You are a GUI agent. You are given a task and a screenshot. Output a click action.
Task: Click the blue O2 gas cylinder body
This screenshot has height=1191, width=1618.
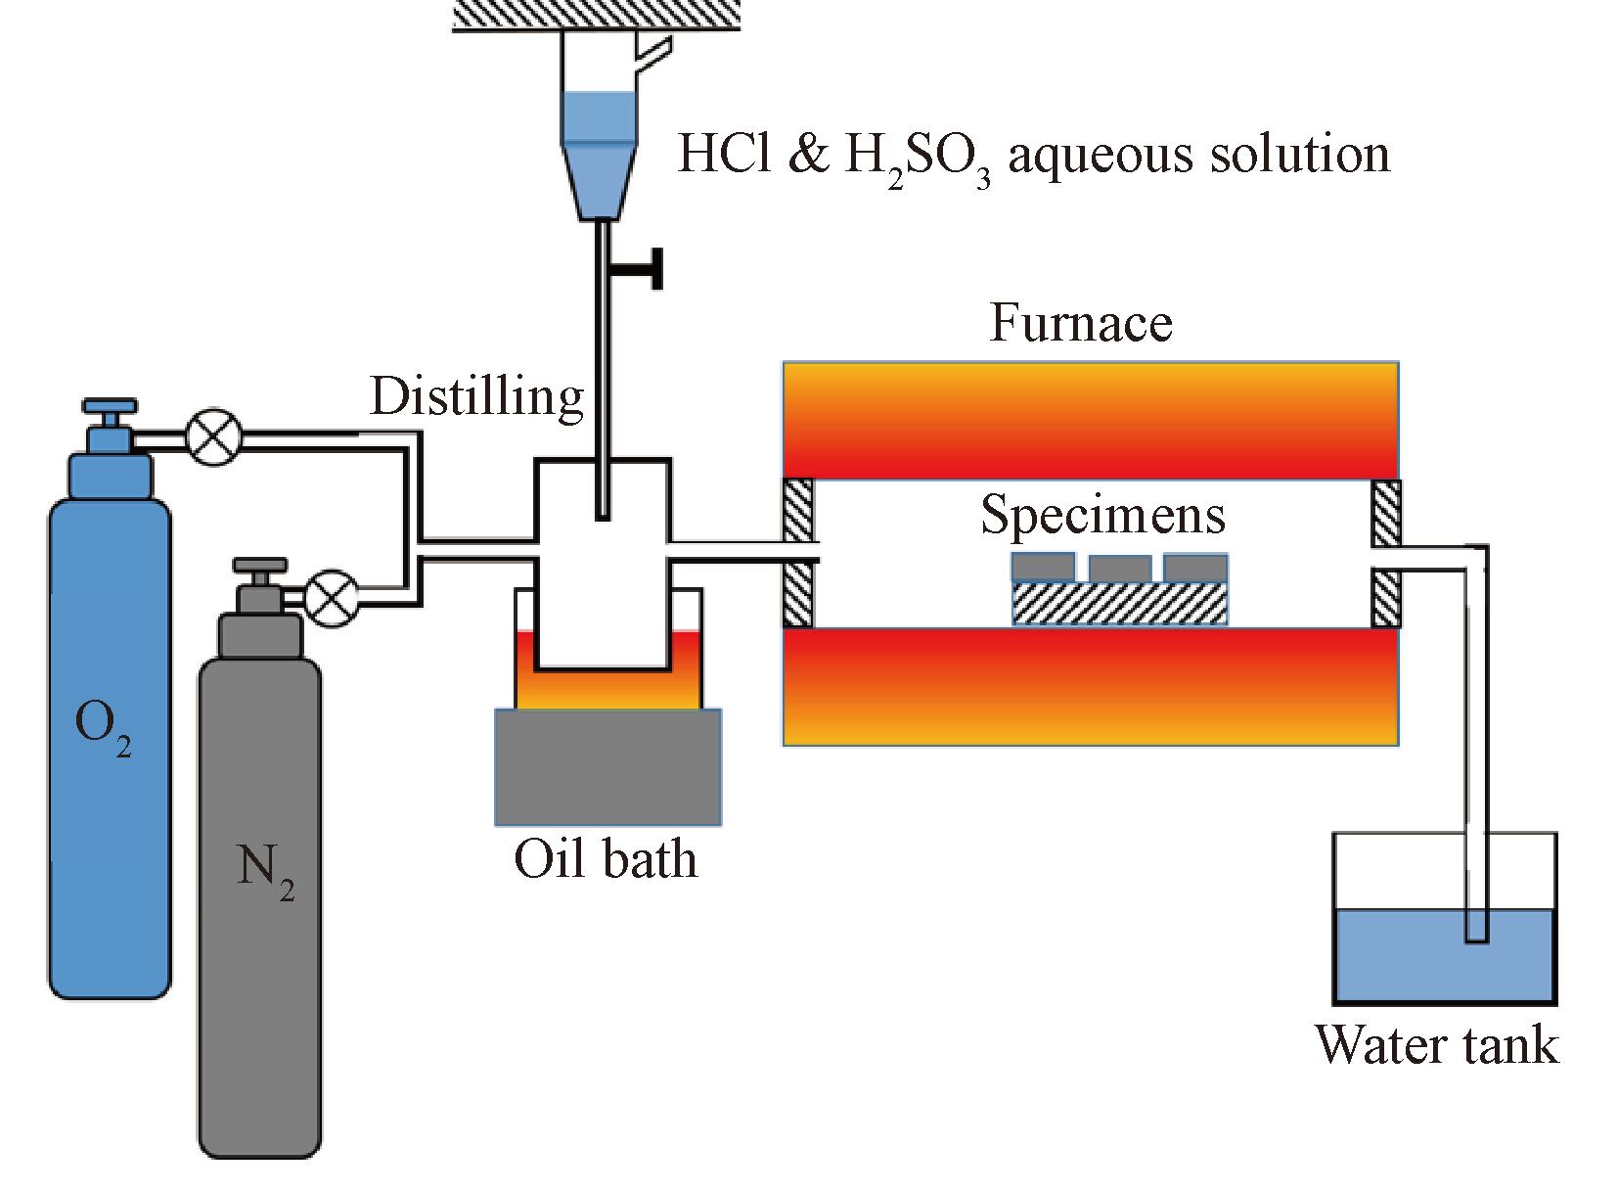110,744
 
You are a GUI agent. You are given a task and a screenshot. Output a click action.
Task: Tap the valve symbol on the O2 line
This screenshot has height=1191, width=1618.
213,436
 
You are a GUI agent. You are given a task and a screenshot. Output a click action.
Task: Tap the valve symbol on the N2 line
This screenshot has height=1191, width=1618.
332,598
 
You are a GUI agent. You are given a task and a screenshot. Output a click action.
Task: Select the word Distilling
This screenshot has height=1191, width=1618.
476,397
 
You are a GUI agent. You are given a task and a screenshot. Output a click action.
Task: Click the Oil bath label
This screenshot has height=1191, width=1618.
606,859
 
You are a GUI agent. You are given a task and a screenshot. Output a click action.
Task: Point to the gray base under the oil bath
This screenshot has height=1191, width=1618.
607,766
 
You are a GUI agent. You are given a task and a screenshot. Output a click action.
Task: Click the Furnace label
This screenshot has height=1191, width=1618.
1080,323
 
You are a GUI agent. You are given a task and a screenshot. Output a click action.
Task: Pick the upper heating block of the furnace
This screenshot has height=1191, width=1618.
1090,420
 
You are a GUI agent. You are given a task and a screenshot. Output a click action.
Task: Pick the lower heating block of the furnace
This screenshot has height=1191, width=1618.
1090,686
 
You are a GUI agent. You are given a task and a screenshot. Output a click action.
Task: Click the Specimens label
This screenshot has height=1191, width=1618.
1102,515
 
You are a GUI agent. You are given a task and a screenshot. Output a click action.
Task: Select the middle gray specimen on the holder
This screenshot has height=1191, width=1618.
1119,569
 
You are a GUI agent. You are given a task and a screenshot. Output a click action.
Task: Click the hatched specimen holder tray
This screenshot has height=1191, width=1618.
1119,603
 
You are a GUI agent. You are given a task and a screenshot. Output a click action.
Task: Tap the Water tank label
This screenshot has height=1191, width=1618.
1435,1045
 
